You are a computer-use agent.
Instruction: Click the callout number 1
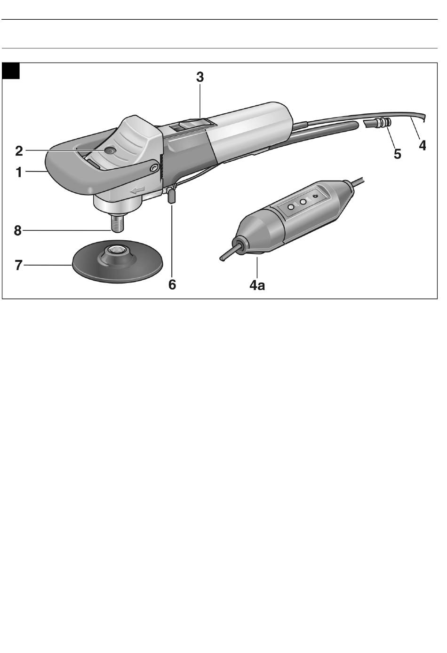[19, 173]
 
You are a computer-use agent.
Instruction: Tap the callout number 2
[19, 151]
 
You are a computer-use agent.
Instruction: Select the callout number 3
[200, 78]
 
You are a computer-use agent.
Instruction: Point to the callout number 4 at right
[423, 145]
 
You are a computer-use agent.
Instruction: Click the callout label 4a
[257, 285]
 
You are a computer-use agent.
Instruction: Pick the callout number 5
[398, 154]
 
